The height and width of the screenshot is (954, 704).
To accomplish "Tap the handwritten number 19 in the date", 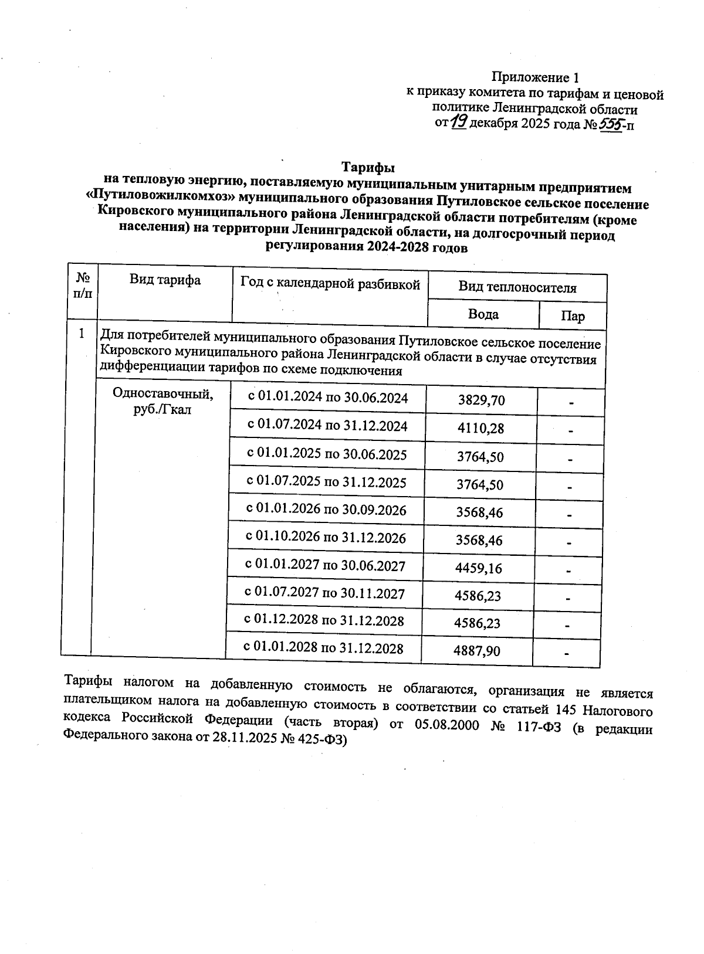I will pos(459,122).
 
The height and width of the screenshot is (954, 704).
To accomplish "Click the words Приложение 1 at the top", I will pos(535,77).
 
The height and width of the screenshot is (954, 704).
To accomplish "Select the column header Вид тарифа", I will pos(165,280).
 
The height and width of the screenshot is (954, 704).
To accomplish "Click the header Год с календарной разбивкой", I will pos(330,285).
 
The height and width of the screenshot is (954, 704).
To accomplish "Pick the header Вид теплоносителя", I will pos(517,288).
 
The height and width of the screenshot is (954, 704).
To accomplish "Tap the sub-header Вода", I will pos(483,314).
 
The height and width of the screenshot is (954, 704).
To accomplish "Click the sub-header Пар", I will pos(572,317).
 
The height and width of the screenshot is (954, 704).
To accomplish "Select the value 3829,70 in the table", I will pos(481,401).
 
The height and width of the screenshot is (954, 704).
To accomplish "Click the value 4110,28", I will pos(480,429).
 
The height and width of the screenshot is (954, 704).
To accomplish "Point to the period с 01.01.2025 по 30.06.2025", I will pos(326,454).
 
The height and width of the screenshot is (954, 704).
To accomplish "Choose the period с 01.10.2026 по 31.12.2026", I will pos(325,538).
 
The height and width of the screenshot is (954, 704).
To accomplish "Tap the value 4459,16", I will pos(479,568).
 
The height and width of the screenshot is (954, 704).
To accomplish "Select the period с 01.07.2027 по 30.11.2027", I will pos(324,593).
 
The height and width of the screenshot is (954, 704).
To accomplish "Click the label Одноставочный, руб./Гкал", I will pos(163,402).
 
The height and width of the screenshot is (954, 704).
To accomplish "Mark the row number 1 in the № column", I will pos(82,334).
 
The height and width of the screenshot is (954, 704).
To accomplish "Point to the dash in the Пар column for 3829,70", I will pos(570,403).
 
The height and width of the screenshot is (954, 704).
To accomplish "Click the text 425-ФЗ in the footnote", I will pos(323,741).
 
